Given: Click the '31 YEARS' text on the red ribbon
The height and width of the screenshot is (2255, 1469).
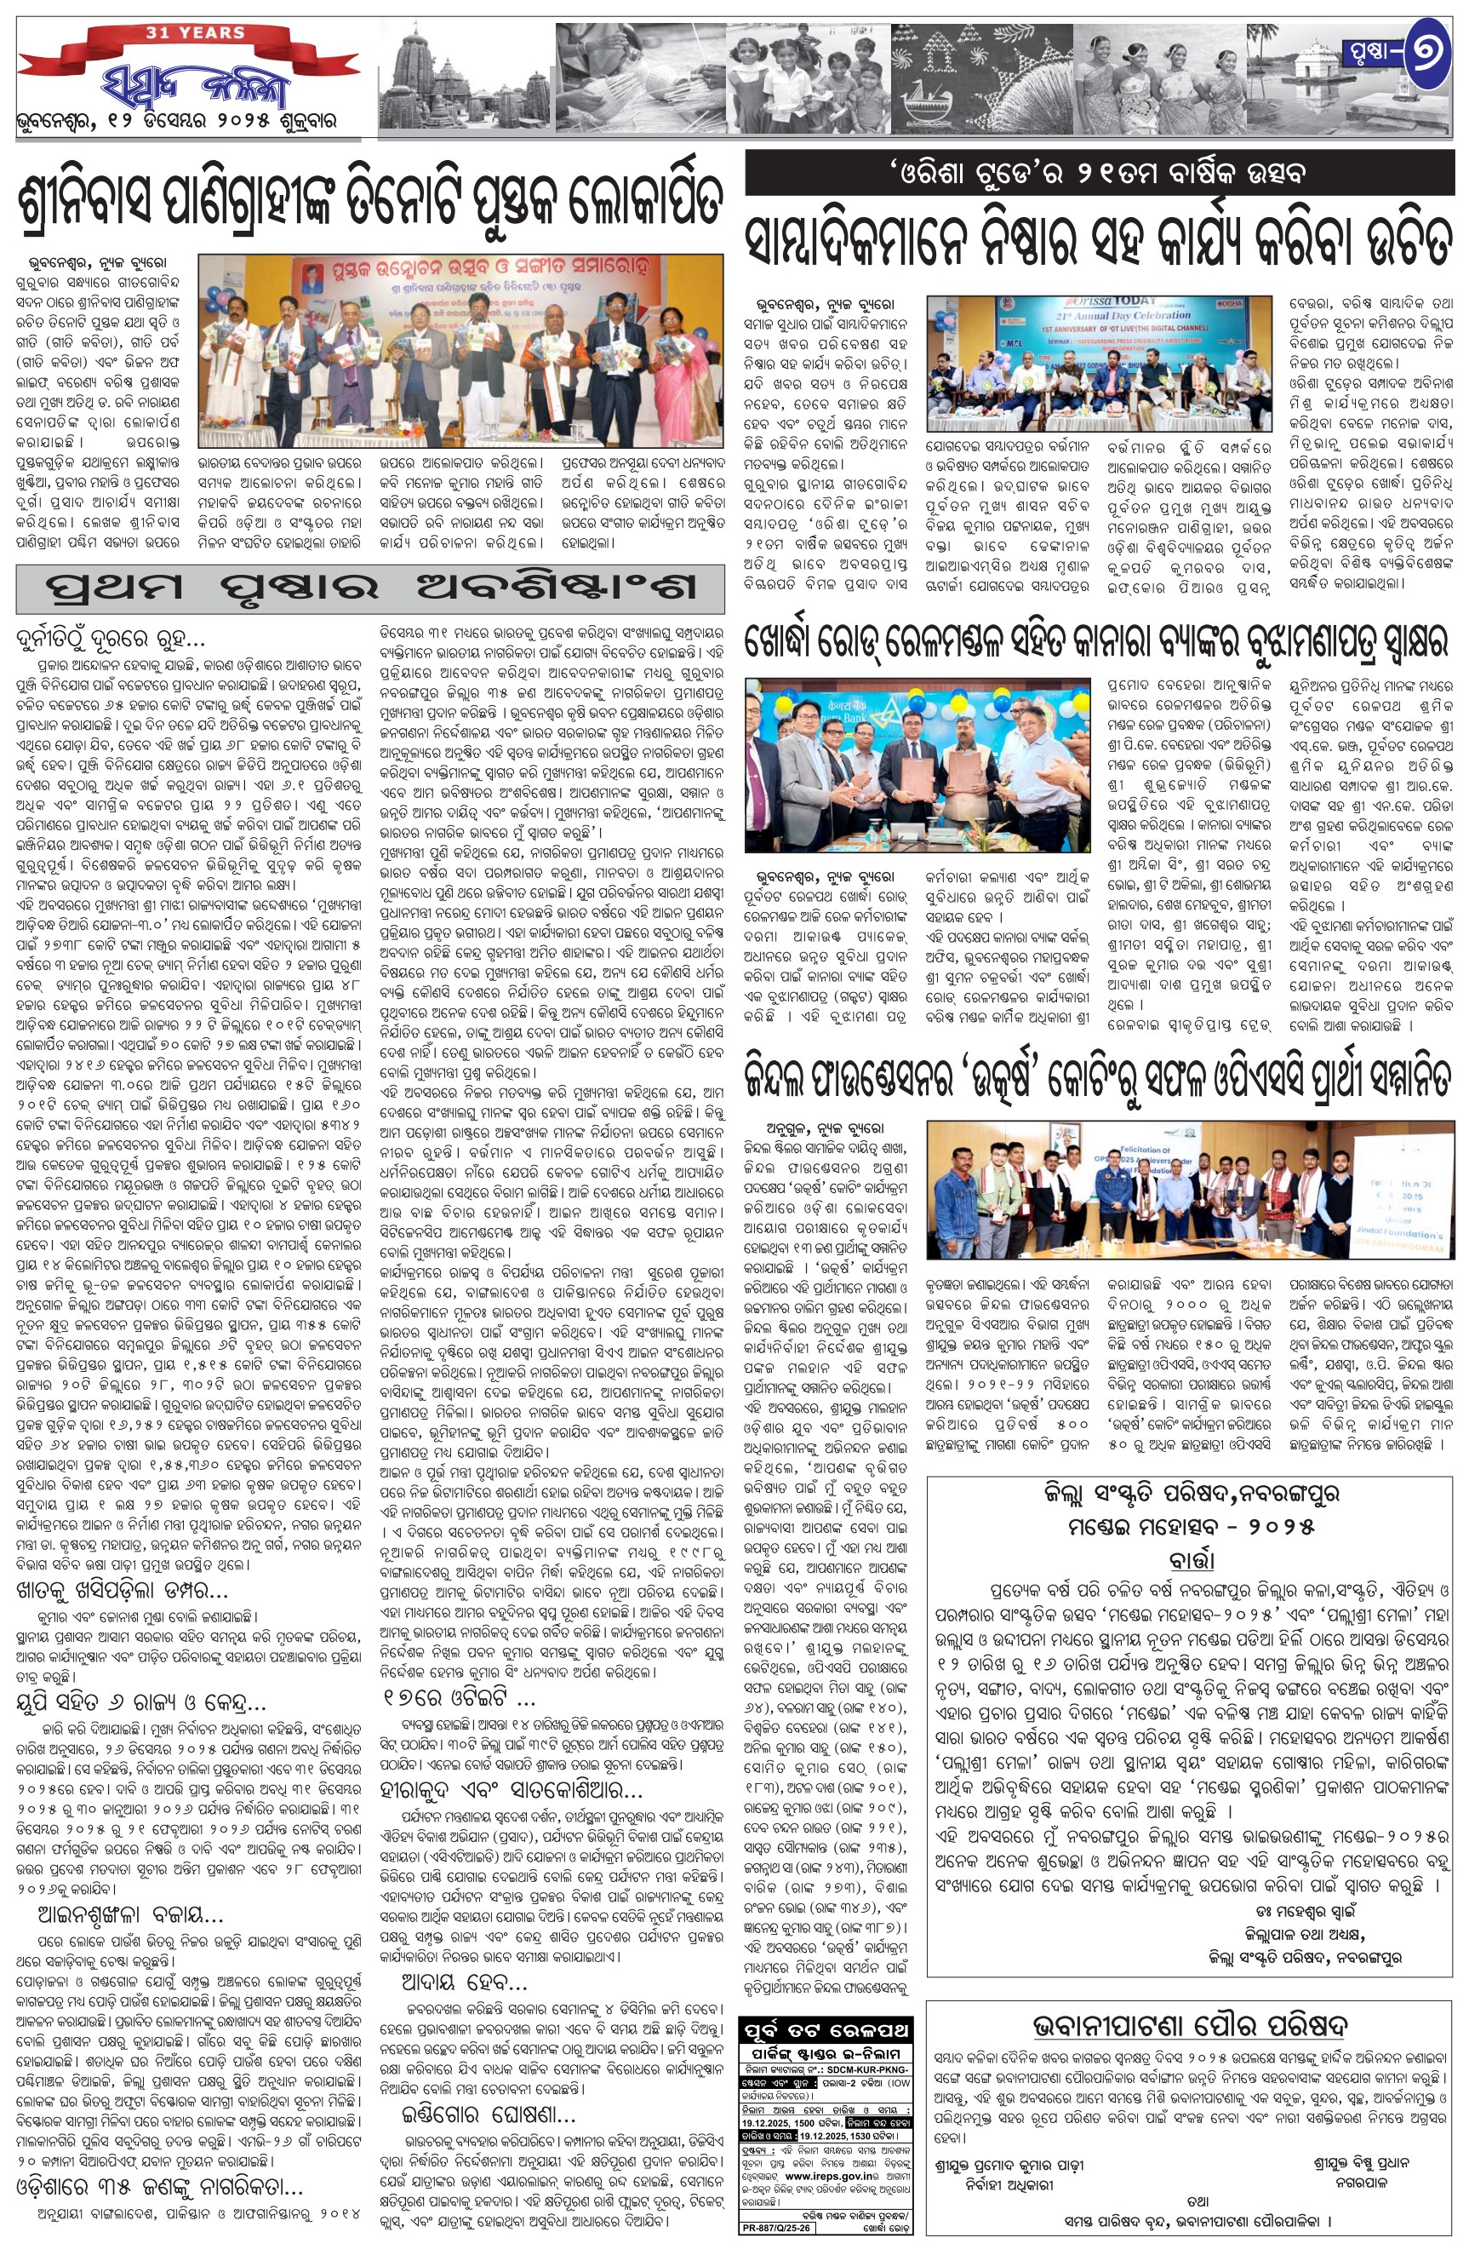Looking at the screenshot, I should [195, 33].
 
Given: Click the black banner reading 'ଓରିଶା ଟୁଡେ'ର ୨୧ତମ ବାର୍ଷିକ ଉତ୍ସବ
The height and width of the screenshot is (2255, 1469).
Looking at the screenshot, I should [1100, 175].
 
